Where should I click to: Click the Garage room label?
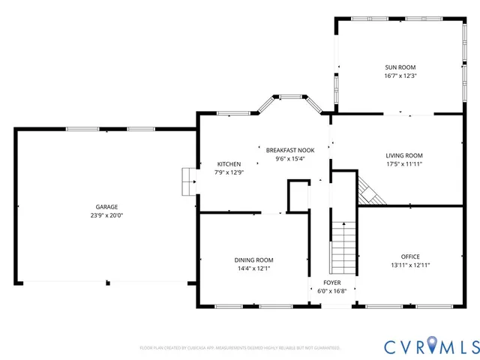[106, 207]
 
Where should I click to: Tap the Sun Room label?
[400, 67]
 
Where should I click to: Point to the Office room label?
[410, 257]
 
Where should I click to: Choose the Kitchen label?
[229, 164]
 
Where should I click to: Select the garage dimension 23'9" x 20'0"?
[106, 215]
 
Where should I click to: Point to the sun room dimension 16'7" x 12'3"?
[400, 76]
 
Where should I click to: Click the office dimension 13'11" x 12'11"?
[410, 265]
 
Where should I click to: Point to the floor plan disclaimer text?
[240, 348]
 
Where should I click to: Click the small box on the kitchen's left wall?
[187, 181]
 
